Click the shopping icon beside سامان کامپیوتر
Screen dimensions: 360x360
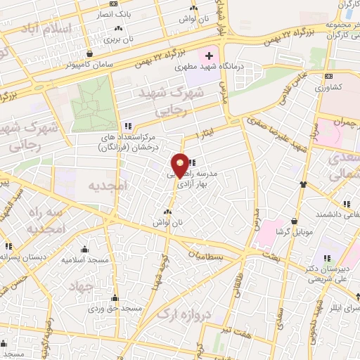(89, 53)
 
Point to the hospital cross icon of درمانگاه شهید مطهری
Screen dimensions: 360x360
(209, 56)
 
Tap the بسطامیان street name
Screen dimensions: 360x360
(207, 257)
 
